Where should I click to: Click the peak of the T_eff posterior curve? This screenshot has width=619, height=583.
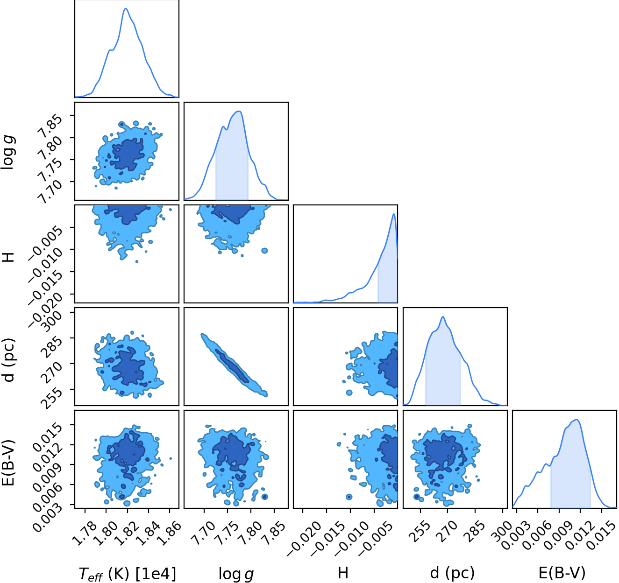click(126, 8)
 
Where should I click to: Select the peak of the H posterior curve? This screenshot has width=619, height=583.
click(394, 214)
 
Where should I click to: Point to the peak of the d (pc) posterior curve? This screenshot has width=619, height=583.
click(442, 317)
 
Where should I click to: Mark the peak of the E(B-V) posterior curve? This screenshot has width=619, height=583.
click(577, 420)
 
